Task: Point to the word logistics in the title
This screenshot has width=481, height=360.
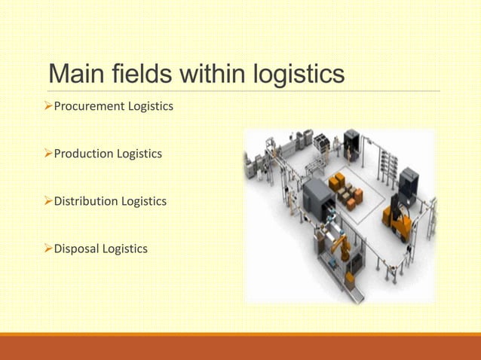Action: (x=300, y=75)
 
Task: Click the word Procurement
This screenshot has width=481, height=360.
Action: (x=89, y=106)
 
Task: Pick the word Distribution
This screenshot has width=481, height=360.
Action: (x=86, y=201)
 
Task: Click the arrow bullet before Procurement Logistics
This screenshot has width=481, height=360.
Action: (x=47, y=106)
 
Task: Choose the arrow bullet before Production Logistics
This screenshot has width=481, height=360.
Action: (x=47, y=154)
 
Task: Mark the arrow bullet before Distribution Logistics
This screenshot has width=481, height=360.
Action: (x=47, y=201)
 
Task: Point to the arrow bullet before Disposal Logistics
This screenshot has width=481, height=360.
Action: (x=47, y=249)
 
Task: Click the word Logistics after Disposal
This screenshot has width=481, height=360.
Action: (x=125, y=249)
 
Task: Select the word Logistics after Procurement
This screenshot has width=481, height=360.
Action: (x=151, y=106)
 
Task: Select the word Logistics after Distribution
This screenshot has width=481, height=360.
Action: (x=144, y=201)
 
